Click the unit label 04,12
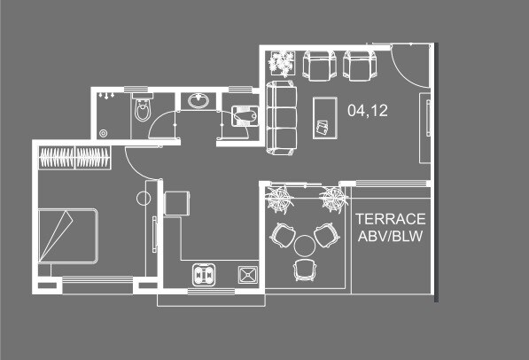[x=369, y=111]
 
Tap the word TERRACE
[x=391, y=219]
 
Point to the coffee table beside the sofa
[x=323, y=117]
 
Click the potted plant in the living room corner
[x=282, y=62]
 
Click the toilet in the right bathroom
[x=243, y=115]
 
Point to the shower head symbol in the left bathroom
[x=106, y=93]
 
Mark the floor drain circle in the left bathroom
[x=105, y=133]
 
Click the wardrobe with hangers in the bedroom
[x=74, y=159]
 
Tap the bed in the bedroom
[x=66, y=235]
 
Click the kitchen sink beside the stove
[x=246, y=275]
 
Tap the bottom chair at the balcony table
[x=303, y=269]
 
